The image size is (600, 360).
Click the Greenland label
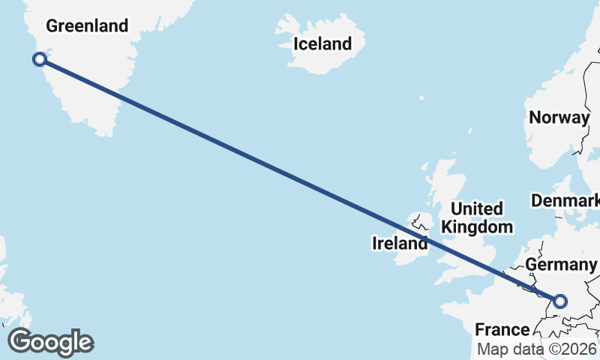pos(87,26)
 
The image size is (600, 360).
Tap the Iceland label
pos(322,43)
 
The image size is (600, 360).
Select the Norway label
pos(559,118)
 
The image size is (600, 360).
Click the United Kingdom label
pos(477,217)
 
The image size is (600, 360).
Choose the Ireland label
pos(400,243)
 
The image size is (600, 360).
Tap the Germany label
pos(560,265)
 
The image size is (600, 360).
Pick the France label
pos(502,330)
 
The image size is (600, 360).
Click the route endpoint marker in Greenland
pos(40,59)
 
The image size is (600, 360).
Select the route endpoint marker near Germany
pos(559,301)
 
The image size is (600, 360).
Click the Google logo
pos(50,342)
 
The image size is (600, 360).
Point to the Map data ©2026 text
pos(538,349)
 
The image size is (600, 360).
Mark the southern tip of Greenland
pos(109,133)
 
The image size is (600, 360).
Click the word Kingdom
pos(477,226)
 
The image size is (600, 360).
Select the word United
pos(477,208)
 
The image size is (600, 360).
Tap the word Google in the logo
pos(50,342)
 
